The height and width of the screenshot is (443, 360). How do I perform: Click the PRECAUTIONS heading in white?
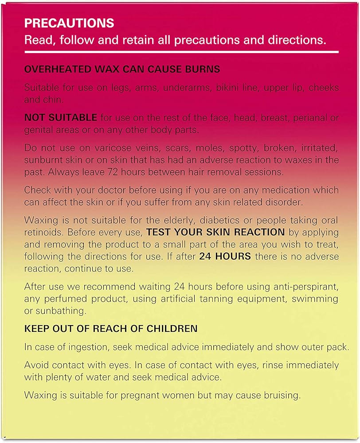pos(69,23)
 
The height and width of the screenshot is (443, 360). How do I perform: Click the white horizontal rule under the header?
pos(181,52)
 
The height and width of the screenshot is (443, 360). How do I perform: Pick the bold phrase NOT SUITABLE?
pos(60,118)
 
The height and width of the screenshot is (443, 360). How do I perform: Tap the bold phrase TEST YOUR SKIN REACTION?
pos(215,232)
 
